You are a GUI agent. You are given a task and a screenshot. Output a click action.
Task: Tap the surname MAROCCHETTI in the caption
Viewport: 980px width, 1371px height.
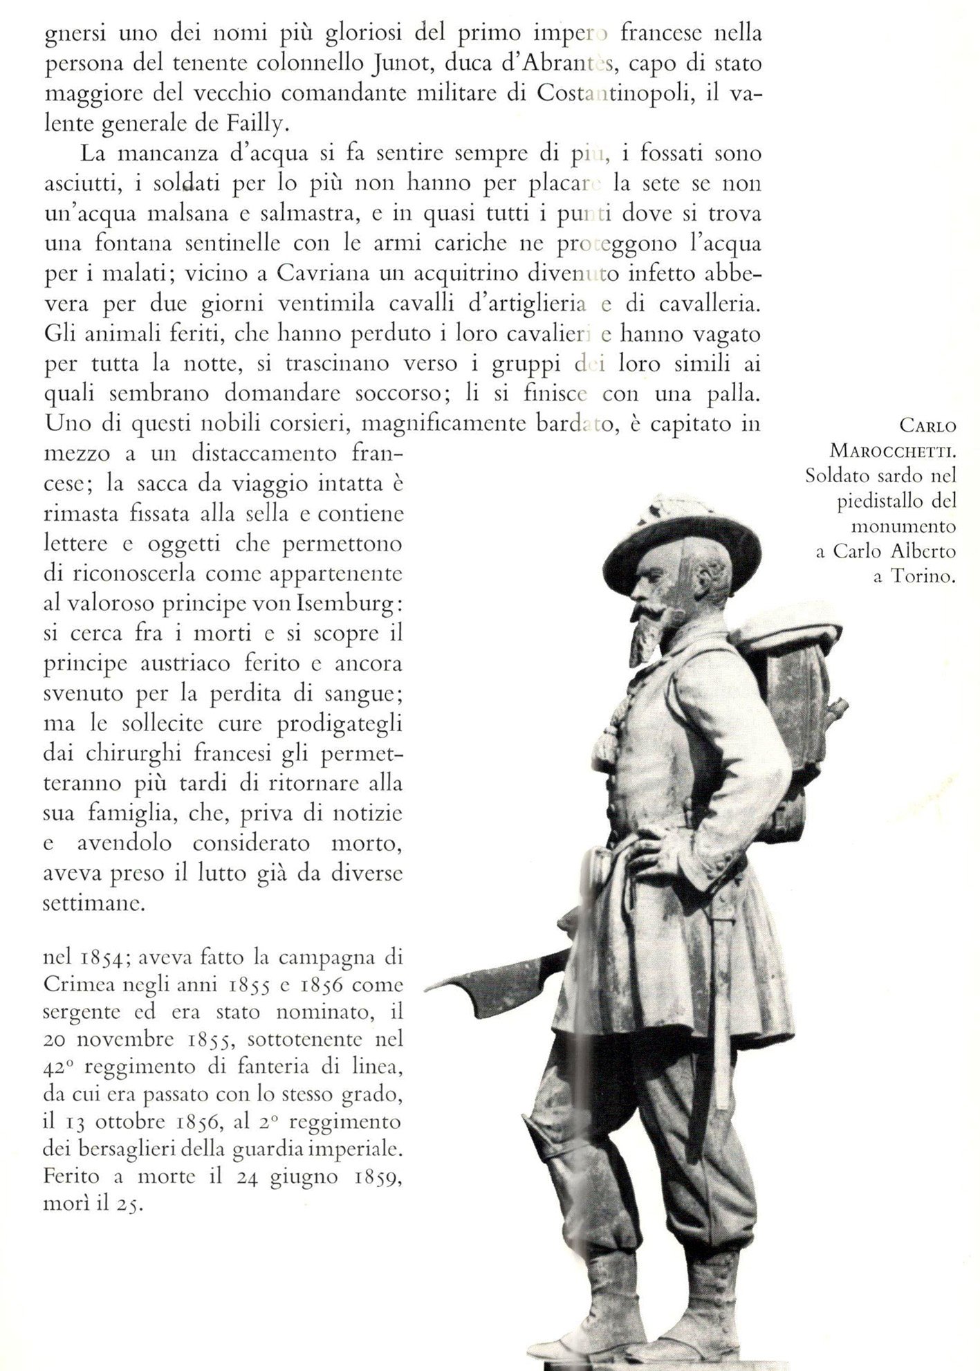coord(893,452)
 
